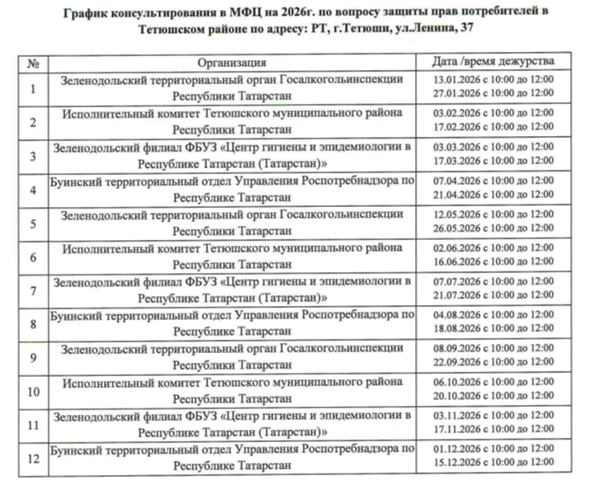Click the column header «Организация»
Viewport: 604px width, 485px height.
coord(232,62)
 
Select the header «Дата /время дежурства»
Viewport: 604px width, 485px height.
coord(494,62)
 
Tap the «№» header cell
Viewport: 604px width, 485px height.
coord(34,62)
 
